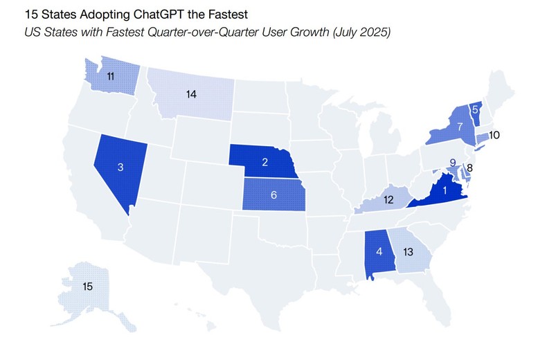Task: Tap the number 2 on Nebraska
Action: coord(264,162)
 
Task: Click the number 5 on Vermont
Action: coord(474,110)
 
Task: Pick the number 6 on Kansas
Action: coord(274,195)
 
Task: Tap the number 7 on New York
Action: coord(459,127)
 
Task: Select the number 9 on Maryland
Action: coord(452,163)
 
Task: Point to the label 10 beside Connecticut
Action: coord(494,135)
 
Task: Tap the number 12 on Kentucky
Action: coord(390,199)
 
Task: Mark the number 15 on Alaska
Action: coord(87,285)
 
